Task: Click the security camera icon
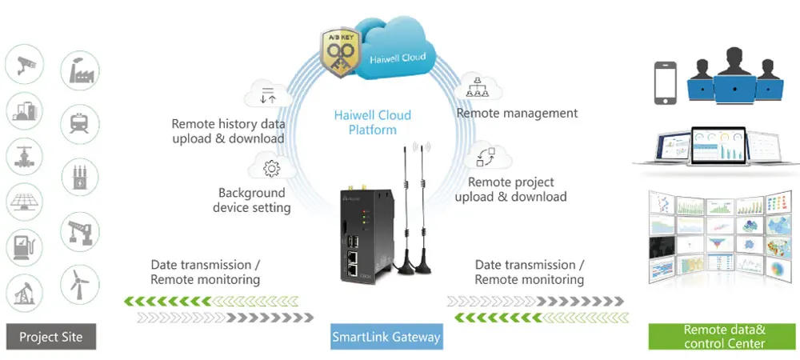tap(24, 64)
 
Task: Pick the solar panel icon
tap(24, 201)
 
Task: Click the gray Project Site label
tap(50, 337)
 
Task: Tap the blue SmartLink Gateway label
tap(386, 337)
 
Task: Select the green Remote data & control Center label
tap(725, 337)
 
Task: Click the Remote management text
tap(517, 113)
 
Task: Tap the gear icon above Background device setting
tap(270, 168)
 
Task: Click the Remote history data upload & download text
tap(228, 131)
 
